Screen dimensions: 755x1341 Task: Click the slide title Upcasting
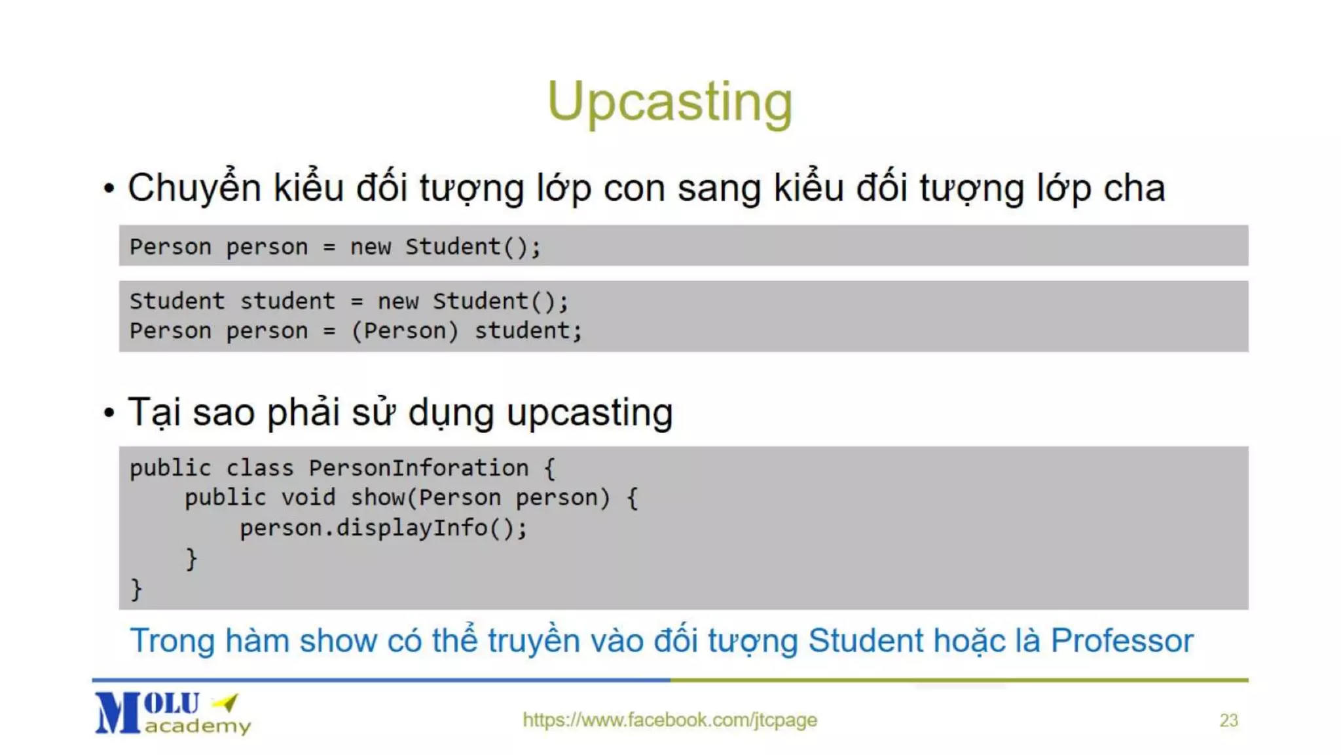click(x=669, y=102)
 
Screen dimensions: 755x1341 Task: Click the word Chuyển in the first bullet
click(x=194, y=188)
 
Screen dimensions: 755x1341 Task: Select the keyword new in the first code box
click(x=370, y=247)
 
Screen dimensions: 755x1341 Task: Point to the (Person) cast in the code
click(x=405, y=330)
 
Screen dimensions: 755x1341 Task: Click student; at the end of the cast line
click(x=528, y=330)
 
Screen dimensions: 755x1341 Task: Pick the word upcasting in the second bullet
click(x=589, y=413)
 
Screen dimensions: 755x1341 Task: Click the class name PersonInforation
click(x=418, y=468)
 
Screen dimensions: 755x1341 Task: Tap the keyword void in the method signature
click(x=308, y=498)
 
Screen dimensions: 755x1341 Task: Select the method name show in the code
click(x=377, y=498)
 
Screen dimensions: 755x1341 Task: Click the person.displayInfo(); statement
click(x=383, y=528)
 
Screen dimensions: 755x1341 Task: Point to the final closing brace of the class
click(x=136, y=589)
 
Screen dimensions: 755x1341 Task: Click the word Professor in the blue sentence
click(x=1122, y=640)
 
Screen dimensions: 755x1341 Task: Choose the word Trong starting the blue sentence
click(x=172, y=640)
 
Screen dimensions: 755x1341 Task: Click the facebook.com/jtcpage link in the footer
click(x=669, y=720)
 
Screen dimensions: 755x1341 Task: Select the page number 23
click(x=1228, y=720)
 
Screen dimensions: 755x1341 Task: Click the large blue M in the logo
click(x=118, y=713)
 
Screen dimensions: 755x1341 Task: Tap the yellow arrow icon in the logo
click(x=227, y=703)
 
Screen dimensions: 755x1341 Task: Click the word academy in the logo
click(x=198, y=726)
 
